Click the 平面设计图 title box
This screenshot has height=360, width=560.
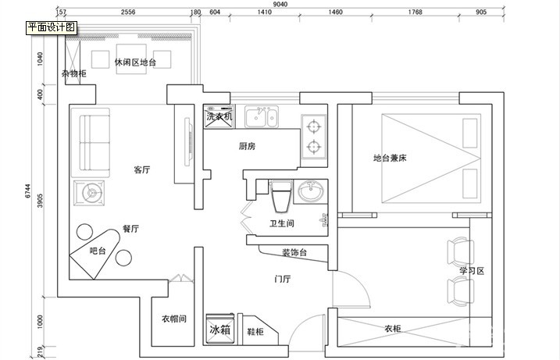click(x=52, y=27)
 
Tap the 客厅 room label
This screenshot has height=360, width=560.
click(x=142, y=169)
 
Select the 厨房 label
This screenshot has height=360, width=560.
click(x=247, y=146)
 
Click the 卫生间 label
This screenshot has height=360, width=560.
click(x=281, y=223)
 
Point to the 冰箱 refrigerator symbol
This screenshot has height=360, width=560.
click(x=220, y=329)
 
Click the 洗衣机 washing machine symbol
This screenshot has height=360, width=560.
click(x=219, y=116)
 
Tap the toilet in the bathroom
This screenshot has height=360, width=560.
click(x=281, y=196)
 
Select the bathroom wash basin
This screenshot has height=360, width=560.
click(x=310, y=191)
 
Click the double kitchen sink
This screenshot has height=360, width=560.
click(x=262, y=116)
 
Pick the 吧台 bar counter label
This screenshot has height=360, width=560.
click(x=98, y=251)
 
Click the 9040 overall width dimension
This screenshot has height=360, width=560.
click(x=280, y=4)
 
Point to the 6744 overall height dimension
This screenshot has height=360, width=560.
click(x=28, y=191)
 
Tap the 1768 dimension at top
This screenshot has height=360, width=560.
click(x=415, y=12)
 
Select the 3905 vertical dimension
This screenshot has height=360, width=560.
click(x=40, y=201)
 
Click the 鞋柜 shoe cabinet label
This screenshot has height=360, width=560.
click(x=255, y=332)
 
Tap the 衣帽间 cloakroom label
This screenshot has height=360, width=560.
click(x=174, y=319)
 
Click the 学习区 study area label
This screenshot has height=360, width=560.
click(x=472, y=271)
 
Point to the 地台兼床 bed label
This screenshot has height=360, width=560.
click(x=390, y=158)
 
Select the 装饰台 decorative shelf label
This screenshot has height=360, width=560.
click(x=294, y=252)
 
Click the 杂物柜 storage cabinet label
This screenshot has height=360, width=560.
click(x=74, y=73)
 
